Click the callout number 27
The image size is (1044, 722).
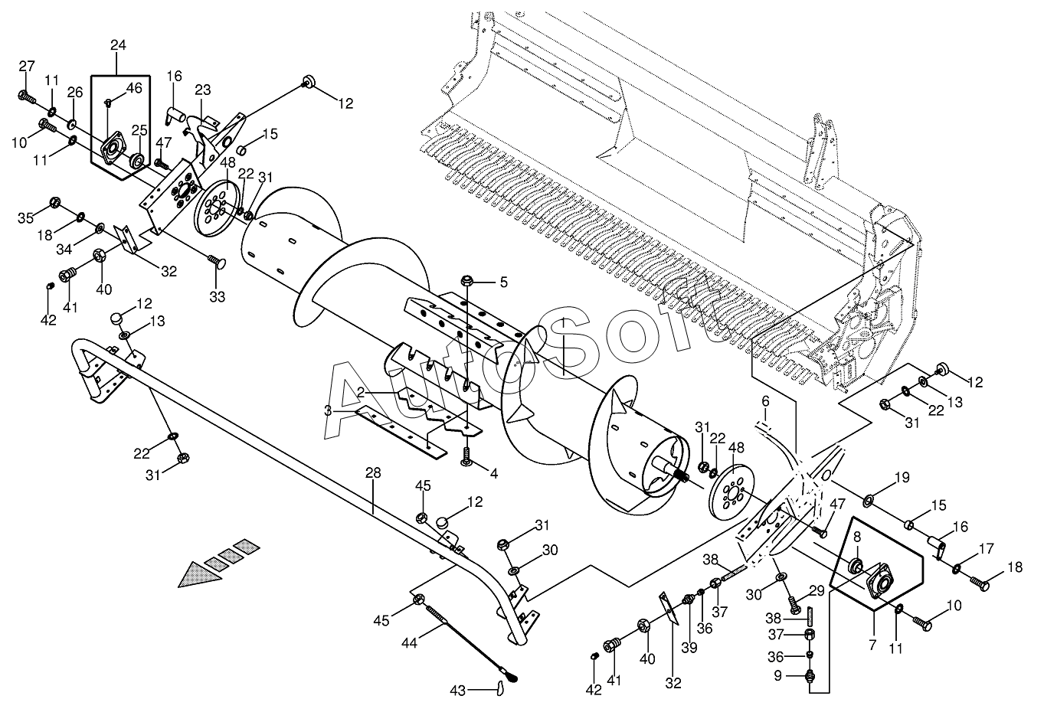(x=27, y=66)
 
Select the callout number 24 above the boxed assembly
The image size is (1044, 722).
(x=118, y=45)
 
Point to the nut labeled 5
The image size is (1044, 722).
(x=467, y=281)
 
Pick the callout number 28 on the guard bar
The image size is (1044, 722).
(x=373, y=473)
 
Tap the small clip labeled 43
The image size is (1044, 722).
(x=499, y=688)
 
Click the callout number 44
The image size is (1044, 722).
(x=409, y=643)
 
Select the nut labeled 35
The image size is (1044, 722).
(x=54, y=203)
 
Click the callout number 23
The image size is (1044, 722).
(x=203, y=90)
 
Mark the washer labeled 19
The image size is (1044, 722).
(x=869, y=501)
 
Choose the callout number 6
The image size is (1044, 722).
(x=765, y=401)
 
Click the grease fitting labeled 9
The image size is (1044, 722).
(x=810, y=675)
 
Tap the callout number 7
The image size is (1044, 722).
(x=872, y=645)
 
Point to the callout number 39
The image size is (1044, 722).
(x=689, y=648)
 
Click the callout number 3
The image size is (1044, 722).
(x=328, y=411)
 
